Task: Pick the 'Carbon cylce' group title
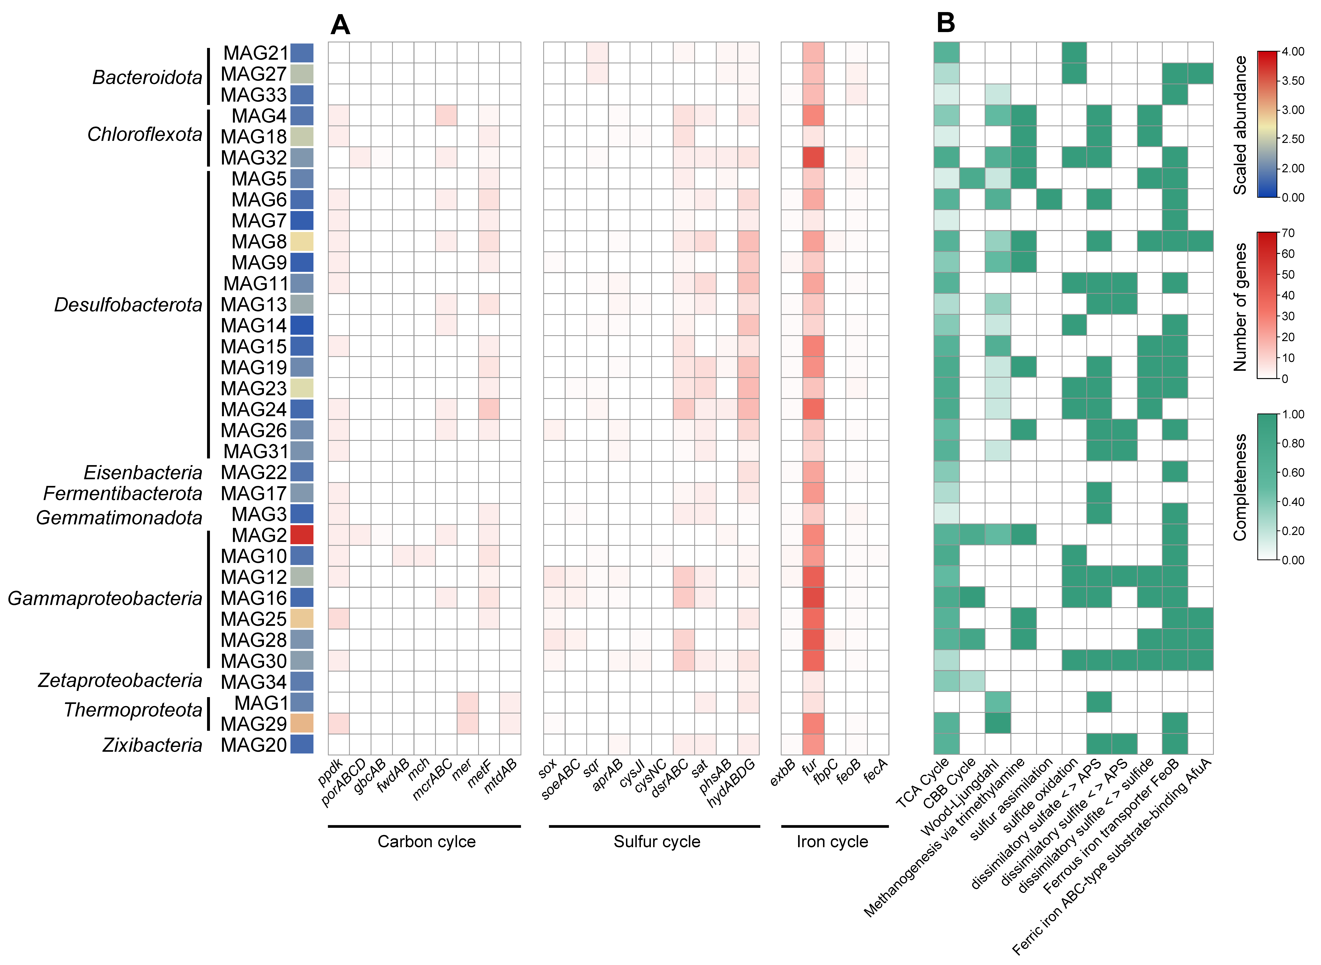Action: (426, 842)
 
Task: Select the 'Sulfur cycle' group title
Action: (657, 842)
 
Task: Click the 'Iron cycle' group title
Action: (832, 842)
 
